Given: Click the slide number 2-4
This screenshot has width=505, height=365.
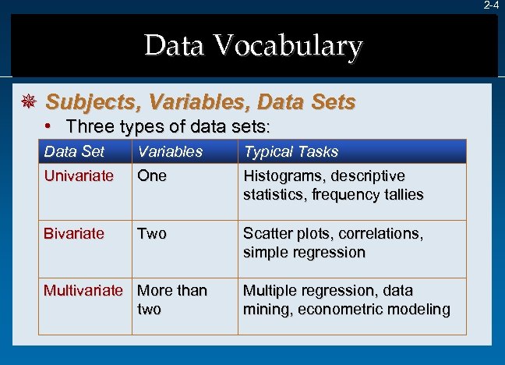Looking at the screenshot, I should (x=491, y=5).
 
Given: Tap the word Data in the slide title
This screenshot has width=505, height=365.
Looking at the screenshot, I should (x=173, y=47).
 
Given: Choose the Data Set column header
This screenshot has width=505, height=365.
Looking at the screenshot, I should (x=74, y=151).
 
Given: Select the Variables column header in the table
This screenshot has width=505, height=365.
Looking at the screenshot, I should (x=170, y=151).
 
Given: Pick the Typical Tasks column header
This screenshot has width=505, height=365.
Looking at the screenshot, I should (x=291, y=151).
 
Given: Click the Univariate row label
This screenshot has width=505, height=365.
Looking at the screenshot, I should (x=79, y=175).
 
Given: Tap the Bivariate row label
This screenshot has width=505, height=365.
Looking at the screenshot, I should (x=73, y=233).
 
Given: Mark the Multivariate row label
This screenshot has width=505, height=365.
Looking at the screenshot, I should (x=83, y=291).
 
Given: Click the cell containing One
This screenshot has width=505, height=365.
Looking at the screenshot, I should (x=152, y=175).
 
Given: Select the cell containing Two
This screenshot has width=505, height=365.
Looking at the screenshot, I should (x=152, y=233).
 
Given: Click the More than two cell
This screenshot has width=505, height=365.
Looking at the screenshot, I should (x=171, y=299).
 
